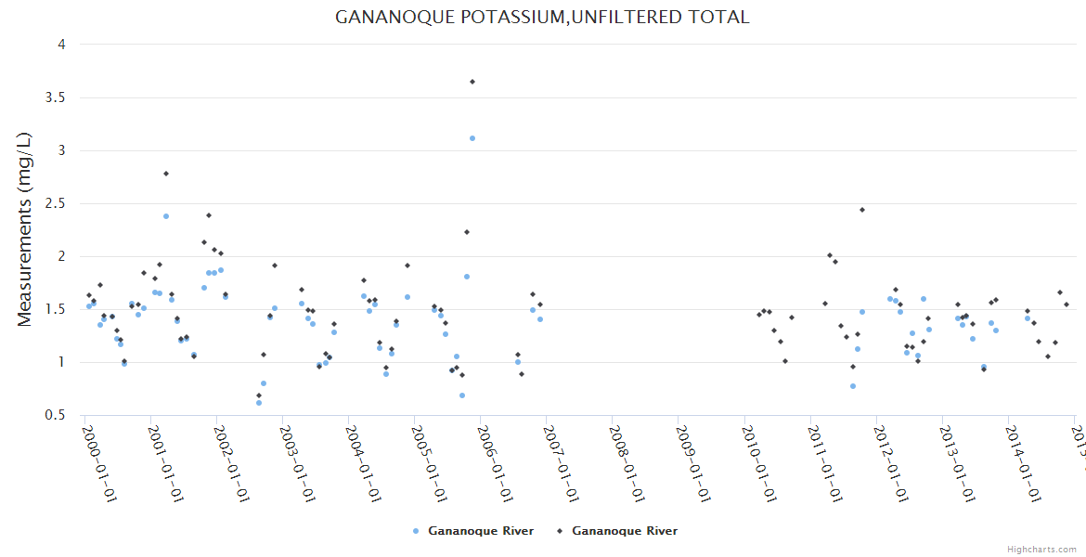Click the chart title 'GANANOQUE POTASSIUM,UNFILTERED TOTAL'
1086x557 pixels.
(542, 17)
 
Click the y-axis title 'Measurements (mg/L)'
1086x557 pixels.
(25, 228)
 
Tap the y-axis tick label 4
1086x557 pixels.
(60, 44)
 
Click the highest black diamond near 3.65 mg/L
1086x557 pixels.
(472, 82)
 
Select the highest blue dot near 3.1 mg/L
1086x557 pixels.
(472, 138)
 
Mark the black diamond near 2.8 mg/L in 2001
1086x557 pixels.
(166, 174)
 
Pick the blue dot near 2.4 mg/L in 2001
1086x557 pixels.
(166, 216)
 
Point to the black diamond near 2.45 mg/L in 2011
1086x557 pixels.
(862, 210)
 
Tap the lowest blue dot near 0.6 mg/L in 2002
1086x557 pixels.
(259, 403)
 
